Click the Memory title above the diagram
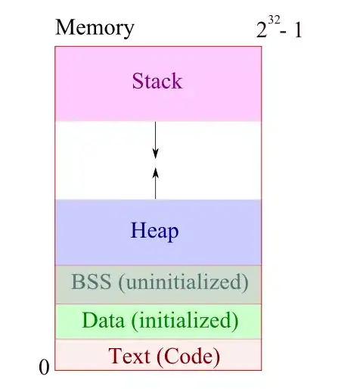point(95,28)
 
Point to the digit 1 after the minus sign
point(298,32)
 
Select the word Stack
point(157,80)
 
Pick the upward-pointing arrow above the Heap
point(156,182)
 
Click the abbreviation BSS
point(90,283)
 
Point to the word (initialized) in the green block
point(184,321)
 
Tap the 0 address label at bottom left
point(44,368)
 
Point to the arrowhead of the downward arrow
point(156,154)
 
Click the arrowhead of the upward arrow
point(156,171)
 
